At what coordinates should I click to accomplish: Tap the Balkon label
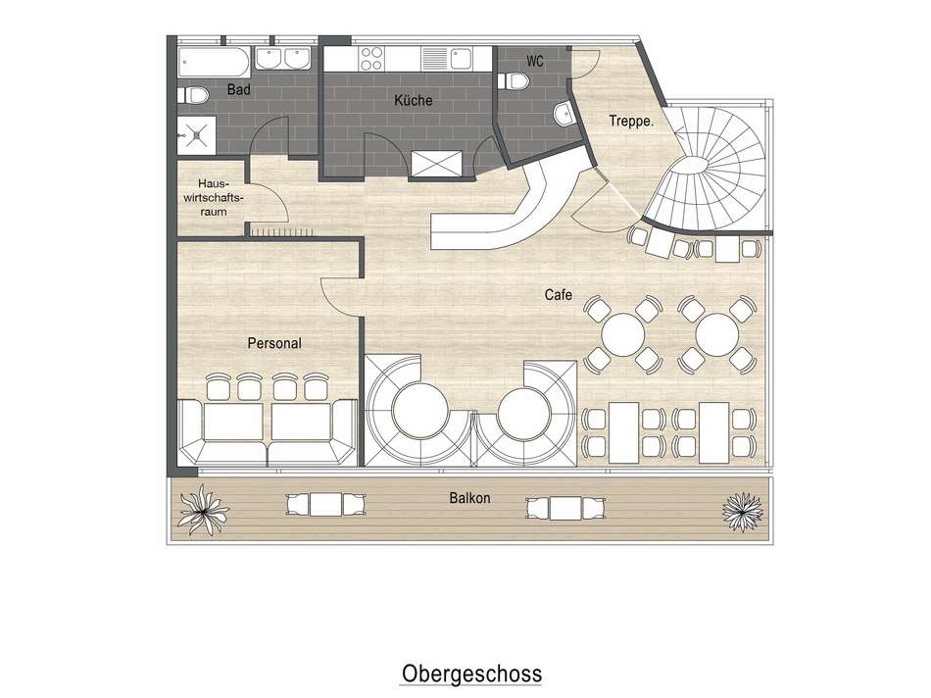(x=470, y=498)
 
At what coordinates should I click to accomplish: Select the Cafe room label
(x=559, y=294)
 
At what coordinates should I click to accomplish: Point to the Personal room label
(x=274, y=343)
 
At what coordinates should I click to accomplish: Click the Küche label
(x=413, y=100)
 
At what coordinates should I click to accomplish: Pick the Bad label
(x=238, y=90)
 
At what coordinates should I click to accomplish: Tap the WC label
(x=535, y=61)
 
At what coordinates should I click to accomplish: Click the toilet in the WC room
(x=563, y=116)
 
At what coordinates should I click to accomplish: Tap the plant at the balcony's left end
(x=207, y=507)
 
